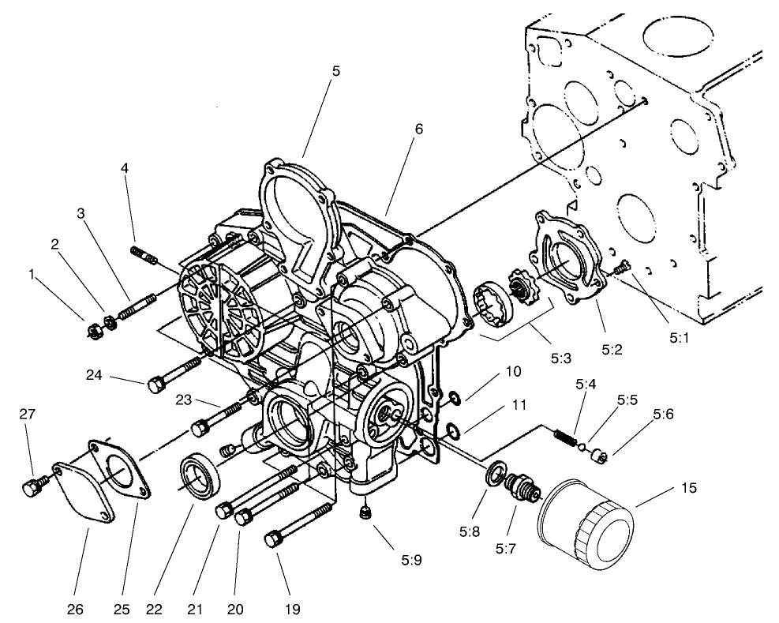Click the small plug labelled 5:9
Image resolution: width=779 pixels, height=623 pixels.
(x=365, y=515)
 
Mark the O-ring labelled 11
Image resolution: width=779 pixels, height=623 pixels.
(x=452, y=431)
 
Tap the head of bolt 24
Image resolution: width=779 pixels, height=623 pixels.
(x=155, y=386)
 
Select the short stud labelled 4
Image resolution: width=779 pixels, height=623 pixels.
(x=144, y=255)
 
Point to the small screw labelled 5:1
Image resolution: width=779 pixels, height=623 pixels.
(x=620, y=269)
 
